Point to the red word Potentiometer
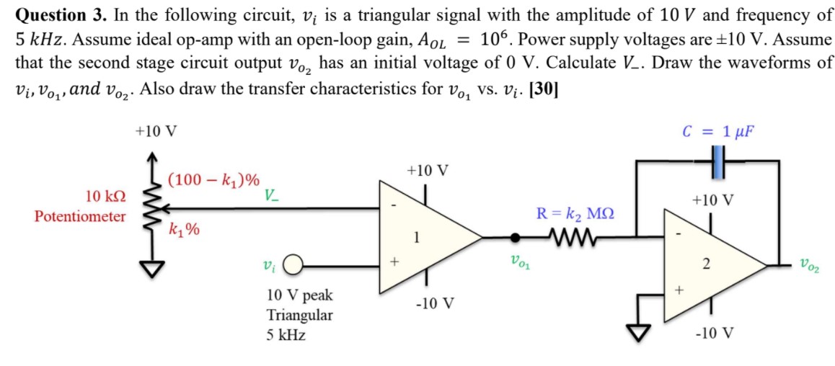click(79, 216)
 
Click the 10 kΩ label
click(106, 196)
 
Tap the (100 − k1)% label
click(214, 180)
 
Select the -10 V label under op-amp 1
click(435, 303)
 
